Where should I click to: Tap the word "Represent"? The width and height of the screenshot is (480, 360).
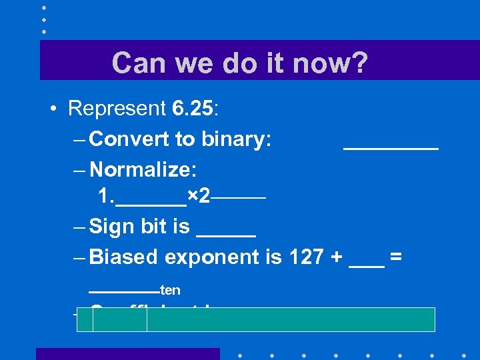(x=117, y=108)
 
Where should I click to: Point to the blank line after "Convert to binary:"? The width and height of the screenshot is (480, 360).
(x=391, y=148)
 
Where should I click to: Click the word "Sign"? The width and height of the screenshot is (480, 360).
(x=113, y=227)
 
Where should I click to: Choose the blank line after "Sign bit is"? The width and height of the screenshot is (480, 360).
(x=226, y=235)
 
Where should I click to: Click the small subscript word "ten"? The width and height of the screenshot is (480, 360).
(x=171, y=291)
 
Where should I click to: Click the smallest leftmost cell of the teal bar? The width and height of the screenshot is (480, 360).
(x=85, y=320)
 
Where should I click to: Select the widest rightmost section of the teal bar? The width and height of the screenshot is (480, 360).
(x=291, y=320)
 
